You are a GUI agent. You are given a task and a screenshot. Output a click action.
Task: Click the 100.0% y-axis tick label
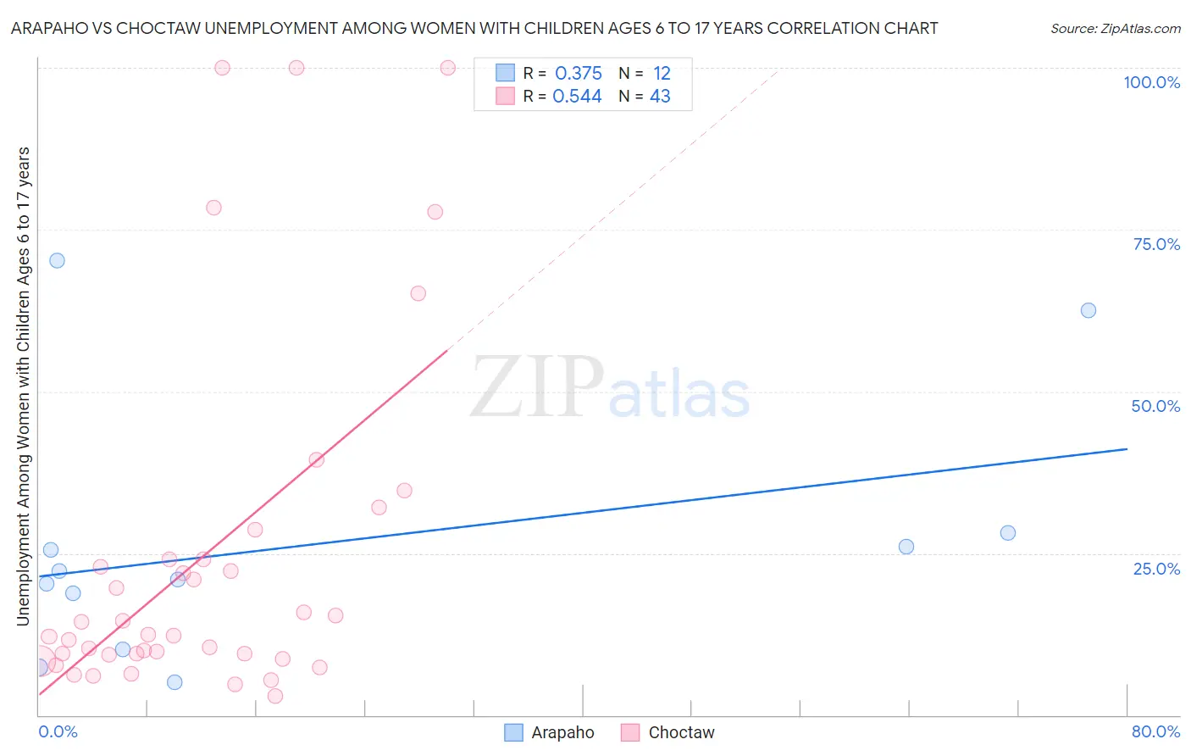pos(1151,82)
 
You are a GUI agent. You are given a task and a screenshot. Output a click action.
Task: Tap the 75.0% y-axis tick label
pos(1156,244)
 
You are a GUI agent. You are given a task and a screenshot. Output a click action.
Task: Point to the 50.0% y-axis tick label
pos(1155,406)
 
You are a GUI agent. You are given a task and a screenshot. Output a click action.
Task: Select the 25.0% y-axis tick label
pos(1156,569)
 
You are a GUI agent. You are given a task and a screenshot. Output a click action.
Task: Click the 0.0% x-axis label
pos(58,731)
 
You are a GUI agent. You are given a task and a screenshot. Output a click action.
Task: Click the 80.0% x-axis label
pos(1155,731)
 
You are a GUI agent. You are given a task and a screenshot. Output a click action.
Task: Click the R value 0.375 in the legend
pos(579,74)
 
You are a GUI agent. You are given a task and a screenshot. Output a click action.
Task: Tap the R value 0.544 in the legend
pos(577,97)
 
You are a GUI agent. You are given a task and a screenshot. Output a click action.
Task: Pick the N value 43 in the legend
pos(660,97)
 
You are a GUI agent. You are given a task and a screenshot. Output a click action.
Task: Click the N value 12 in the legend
pos(662,74)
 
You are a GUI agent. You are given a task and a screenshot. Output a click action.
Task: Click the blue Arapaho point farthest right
pos(1089,310)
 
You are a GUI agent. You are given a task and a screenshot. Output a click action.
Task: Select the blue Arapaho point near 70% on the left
pos(57,260)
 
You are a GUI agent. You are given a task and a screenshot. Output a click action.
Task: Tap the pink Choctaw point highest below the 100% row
pos(213,208)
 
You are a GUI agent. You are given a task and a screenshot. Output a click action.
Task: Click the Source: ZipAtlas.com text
pos(1115,29)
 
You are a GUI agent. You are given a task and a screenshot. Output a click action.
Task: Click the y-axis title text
pos(23,386)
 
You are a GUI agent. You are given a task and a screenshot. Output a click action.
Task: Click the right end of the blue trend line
pos(1127,448)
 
